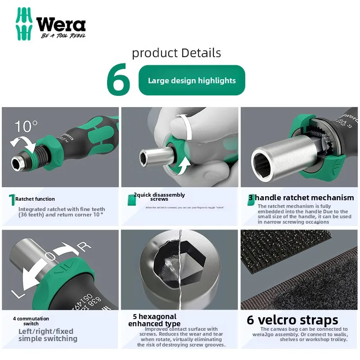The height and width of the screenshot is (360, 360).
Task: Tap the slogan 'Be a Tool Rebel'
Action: click(63, 36)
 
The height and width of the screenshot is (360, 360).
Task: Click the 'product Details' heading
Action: click(176, 53)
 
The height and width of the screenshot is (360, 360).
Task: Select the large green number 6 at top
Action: click(118, 81)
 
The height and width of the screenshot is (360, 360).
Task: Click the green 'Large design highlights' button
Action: click(192, 81)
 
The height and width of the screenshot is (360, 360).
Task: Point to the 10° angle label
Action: click(26, 126)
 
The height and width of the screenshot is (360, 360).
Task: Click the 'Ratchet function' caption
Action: click(35, 199)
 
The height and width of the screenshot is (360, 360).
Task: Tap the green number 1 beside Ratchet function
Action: click(12, 200)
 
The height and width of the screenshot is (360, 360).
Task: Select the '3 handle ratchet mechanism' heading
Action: click(301, 198)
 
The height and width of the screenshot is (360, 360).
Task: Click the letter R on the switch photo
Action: click(86, 246)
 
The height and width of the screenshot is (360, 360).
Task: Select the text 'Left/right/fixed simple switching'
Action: click(48, 335)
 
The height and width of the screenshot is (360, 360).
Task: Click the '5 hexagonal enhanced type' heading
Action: click(154, 320)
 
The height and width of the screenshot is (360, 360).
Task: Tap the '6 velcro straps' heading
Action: click(292, 320)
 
